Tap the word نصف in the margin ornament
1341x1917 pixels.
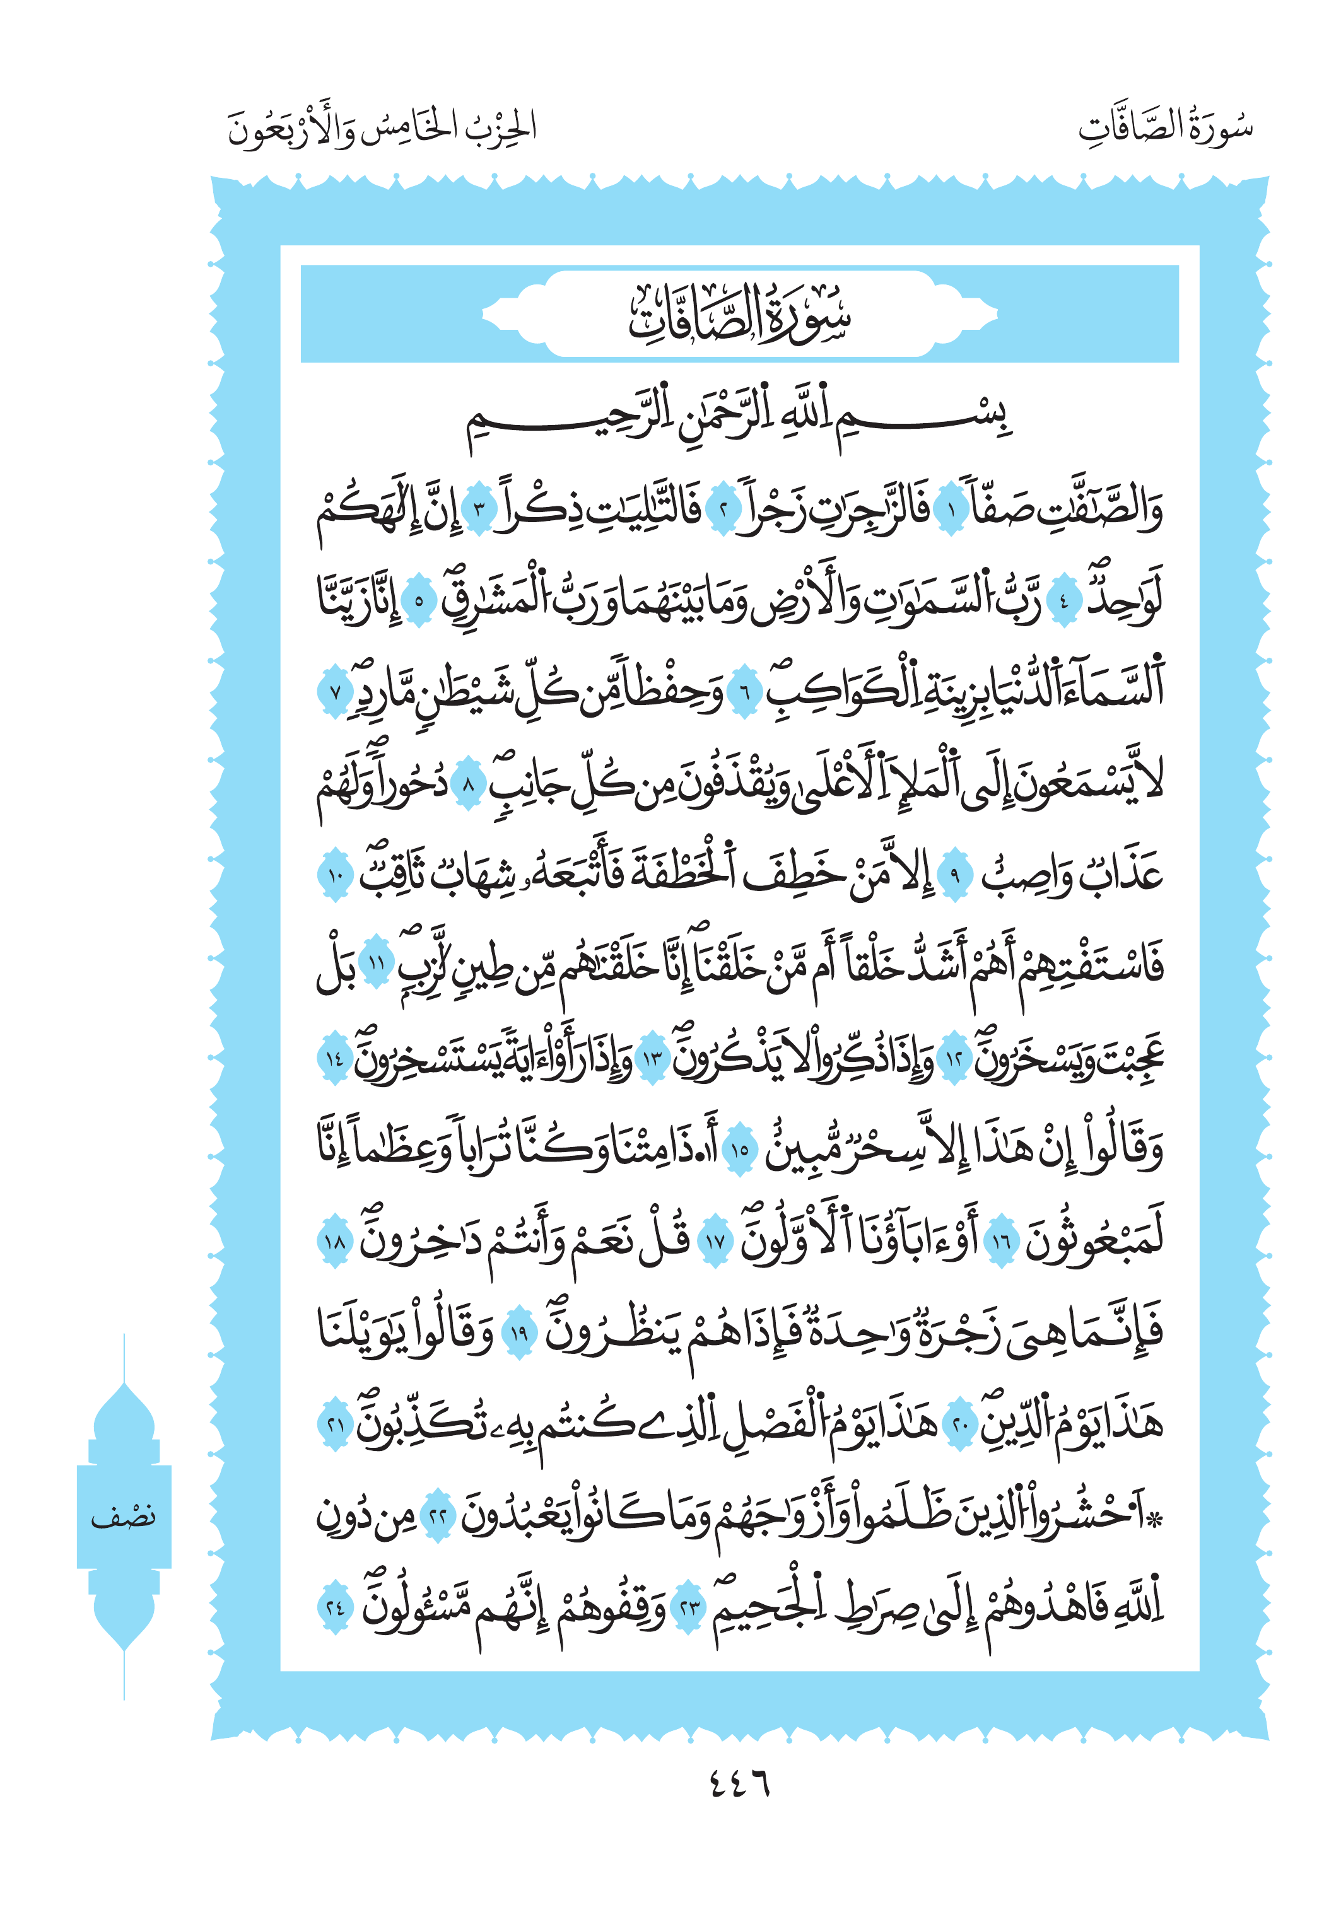click(124, 1515)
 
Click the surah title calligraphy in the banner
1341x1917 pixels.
click(739, 315)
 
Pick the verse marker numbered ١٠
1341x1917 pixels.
click(336, 874)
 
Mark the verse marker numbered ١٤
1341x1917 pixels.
click(336, 1059)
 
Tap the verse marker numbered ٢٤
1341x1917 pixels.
click(336, 1606)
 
